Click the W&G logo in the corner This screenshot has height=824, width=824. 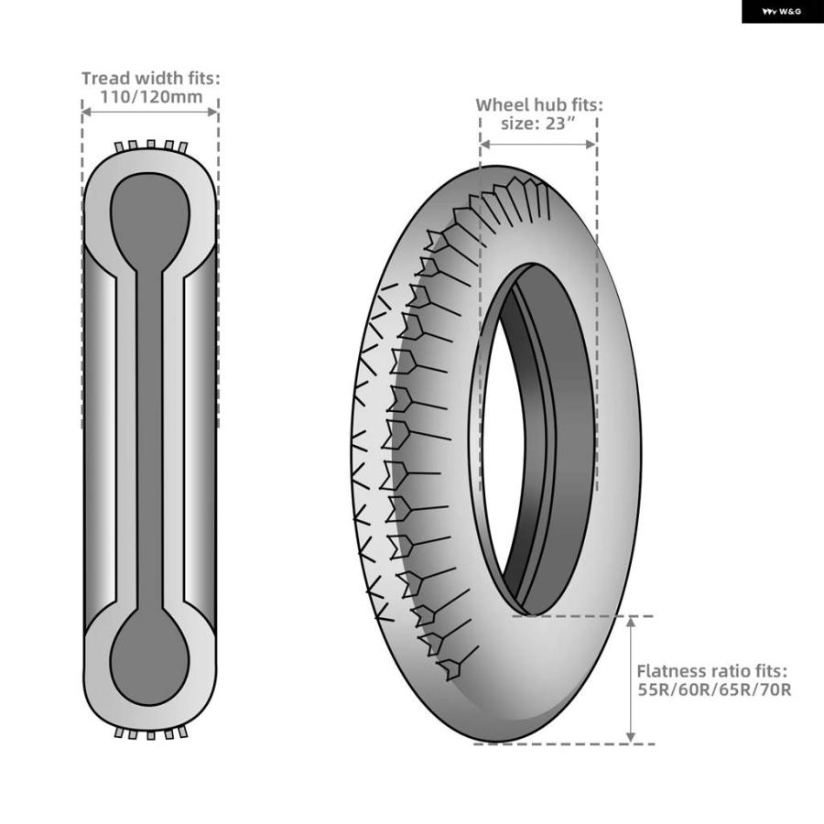pyautogui.click(x=782, y=12)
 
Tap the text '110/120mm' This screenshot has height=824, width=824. pyautogui.click(x=151, y=97)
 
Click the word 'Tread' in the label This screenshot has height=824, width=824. pyautogui.click(x=105, y=79)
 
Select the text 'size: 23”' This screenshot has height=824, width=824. pyautogui.click(x=538, y=124)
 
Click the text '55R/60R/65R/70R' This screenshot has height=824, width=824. pyautogui.click(x=714, y=688)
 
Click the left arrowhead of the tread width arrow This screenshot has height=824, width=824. pyautogui.click(x=87, y=112)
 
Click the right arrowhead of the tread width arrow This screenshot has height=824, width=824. pyautogui.click(x=212, y=112)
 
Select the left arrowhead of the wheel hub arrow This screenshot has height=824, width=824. pyautogui.click(x=485, y=144)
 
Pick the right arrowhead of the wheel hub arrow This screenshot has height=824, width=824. pyautogui.click(x=591, y=144)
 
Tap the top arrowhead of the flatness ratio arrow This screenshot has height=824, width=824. pyautogui.click(x=631, y=623)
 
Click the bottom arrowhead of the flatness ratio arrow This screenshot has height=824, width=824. pyautogui.click(x=631, y=737)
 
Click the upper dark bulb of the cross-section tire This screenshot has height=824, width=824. pyautogui.click(x=150, y=221)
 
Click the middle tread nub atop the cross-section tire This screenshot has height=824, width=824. pyautogui.click(x=151, y=145)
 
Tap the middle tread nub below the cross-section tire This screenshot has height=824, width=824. pyautogui.click(x=151, y=734)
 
